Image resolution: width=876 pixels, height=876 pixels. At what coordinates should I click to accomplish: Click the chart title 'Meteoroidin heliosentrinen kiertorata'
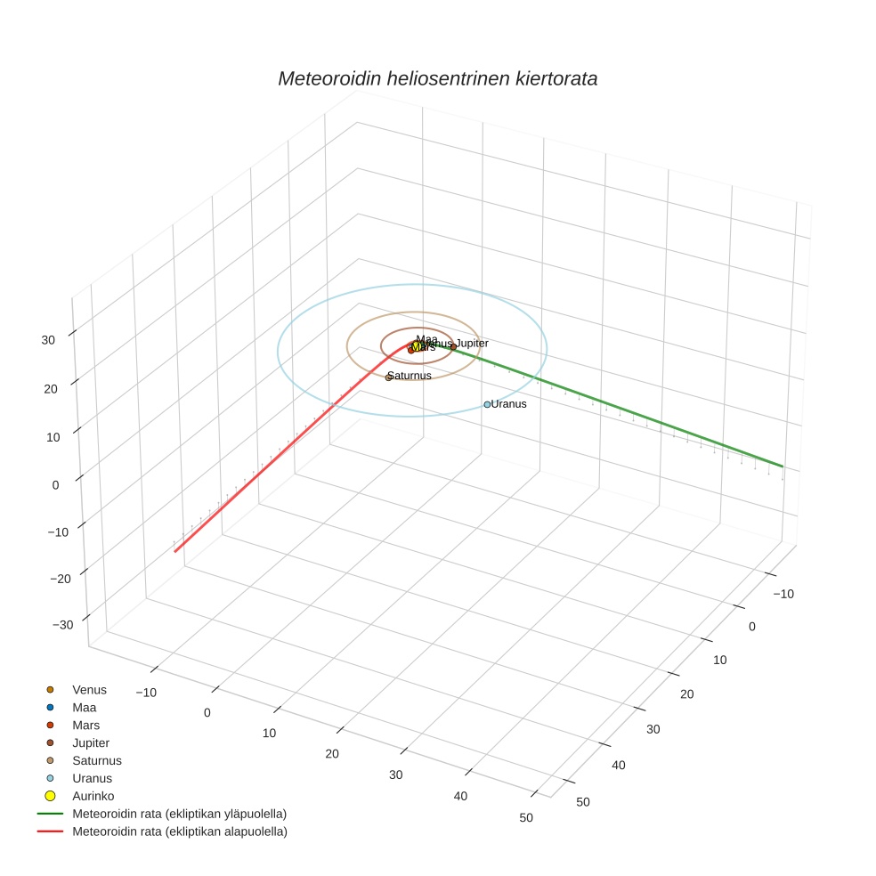pos(437,78)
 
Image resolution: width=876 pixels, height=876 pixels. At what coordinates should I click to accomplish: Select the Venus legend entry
pos(89,690)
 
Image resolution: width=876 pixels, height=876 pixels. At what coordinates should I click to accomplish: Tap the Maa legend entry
pos(84,708)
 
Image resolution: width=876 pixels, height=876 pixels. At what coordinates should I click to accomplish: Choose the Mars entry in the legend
pos(85,726)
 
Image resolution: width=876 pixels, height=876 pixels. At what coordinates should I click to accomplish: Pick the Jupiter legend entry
pos(91,743)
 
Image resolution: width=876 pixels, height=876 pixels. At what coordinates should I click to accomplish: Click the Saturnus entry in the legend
pos(96,761)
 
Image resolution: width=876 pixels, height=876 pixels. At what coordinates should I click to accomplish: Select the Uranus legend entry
pos(92,779)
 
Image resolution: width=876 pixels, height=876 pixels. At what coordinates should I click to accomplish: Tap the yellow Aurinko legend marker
pos(51,796)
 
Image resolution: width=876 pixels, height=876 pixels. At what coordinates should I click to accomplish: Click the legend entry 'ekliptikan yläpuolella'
pos(179,815)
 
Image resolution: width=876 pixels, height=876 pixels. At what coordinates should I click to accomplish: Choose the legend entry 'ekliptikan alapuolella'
pos(179,832)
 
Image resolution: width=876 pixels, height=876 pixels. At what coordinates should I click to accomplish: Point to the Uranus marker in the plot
pos(487,404)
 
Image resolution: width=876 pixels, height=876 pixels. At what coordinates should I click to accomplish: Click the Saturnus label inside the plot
pos(411,376)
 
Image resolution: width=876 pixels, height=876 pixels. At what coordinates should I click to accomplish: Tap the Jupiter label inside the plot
pos(473,343)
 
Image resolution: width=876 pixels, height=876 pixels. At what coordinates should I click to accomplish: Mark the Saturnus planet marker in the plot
pos(388,377)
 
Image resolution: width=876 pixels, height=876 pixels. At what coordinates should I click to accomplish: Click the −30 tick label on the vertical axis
pos(62,625)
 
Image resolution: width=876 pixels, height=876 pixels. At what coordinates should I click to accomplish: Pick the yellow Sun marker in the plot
pos(417,346)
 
